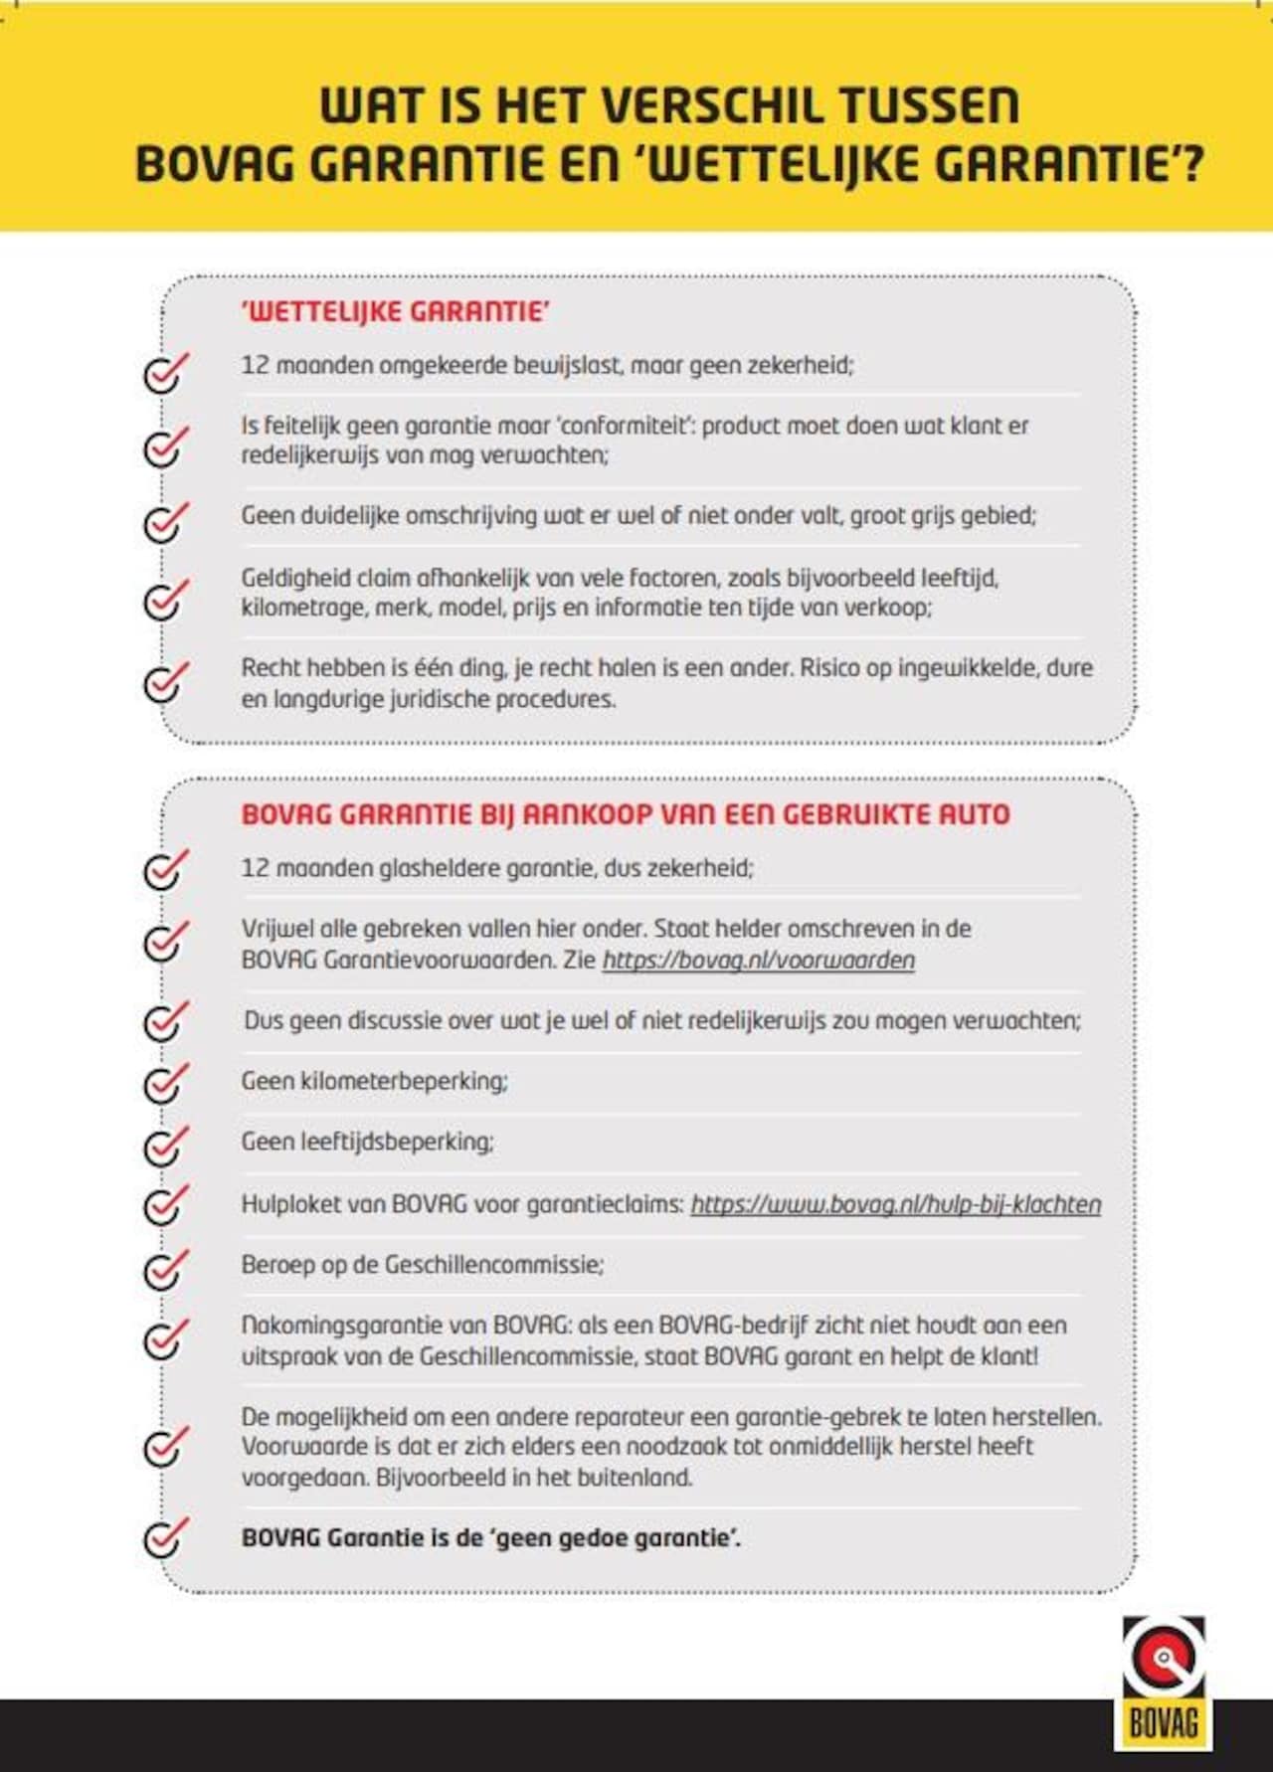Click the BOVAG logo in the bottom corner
1163,1683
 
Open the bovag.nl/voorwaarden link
758,961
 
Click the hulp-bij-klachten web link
895,1204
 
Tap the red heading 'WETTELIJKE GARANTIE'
395,311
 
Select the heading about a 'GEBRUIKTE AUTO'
625,814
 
